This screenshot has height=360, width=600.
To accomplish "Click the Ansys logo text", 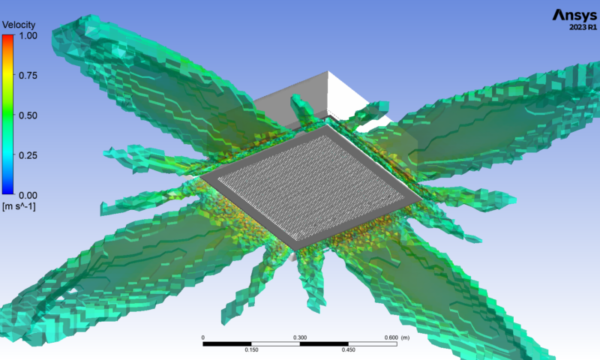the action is pyautogui.click(x=574, y=15).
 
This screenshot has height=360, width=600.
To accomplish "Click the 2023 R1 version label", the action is pyautogui.click(x=583, y=27).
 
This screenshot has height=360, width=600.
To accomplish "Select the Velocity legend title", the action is pyautogui.click(x=18, y=25).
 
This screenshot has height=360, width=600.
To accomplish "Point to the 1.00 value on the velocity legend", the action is pyautogui.click(x=28, y=35).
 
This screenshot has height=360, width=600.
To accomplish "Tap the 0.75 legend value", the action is pyautogui.click(x=28, y=75).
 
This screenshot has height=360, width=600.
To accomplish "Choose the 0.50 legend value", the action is pyautogui.click(x=28, y=115).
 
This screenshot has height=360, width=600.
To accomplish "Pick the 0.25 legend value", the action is pyautogui.click(x=28, y=155).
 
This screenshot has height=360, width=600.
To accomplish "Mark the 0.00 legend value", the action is pyautogui.click(x=28, y=195).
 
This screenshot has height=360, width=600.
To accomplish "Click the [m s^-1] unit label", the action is pyautogui.click(x=19, y=206).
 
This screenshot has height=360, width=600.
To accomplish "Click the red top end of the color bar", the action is pyautogui.click(x=7, y=36).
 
